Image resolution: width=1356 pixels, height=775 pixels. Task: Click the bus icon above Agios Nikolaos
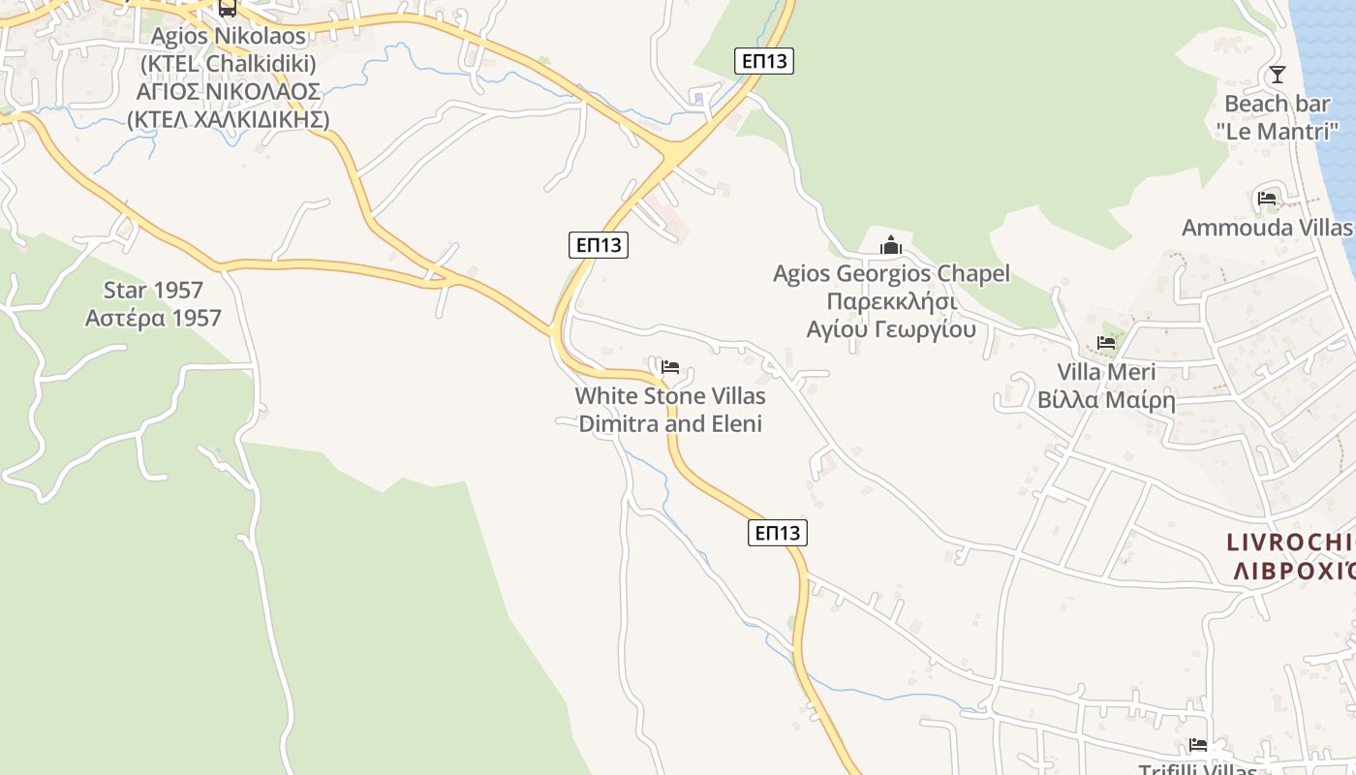coord(228,9)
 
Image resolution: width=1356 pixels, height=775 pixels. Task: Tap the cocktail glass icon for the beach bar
coord(1278,75)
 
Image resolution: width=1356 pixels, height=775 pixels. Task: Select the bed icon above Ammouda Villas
coord(1266,199)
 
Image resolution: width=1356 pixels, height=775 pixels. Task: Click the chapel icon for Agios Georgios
coord(891,245)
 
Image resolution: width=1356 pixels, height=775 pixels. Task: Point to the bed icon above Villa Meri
coord(1106,343)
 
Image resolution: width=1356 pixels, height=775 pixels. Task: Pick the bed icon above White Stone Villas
coord(670,367)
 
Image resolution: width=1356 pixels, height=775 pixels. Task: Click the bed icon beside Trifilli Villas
coord(1198,745)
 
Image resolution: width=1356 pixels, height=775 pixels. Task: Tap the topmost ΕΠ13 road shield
coord(764,61)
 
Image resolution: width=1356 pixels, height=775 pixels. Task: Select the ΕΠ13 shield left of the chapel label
coord(599,245)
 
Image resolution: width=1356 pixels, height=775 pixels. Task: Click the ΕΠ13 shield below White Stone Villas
coord(778,532)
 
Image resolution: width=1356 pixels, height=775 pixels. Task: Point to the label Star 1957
coord(153,290)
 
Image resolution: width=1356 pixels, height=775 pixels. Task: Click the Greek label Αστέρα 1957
coord(153,318)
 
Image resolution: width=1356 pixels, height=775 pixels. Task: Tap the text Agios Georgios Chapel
coord(891,274)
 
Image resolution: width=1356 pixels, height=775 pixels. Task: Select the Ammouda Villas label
coord(1266,228)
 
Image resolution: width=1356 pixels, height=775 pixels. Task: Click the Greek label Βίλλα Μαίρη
coord(1106,400)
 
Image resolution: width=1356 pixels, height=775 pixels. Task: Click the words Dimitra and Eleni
coord(670,423)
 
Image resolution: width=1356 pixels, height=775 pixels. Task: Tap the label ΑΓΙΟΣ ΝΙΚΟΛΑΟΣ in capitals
coord(228,92)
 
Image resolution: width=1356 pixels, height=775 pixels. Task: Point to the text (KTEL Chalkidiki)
coord(228,64)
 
